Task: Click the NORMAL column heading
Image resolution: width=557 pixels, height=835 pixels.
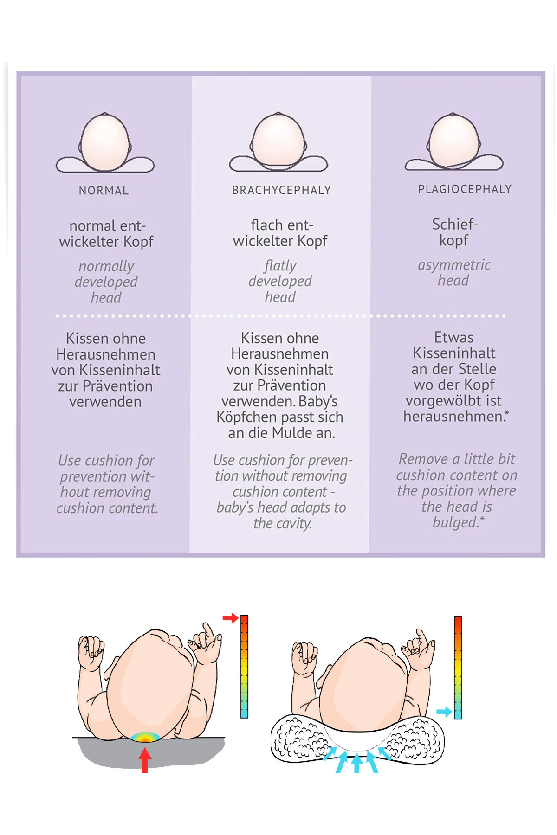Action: [104, 191]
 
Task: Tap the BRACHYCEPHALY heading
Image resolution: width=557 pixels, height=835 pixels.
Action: [281, 190]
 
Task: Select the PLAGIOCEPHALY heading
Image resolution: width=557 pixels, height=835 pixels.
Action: [465, 189]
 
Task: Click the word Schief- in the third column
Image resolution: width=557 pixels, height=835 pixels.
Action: [455, 225]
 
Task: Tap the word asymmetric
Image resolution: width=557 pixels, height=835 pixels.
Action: [454, 265]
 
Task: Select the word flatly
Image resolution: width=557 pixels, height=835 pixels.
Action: [280, 266]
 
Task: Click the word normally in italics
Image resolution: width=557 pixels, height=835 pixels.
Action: [106, 266]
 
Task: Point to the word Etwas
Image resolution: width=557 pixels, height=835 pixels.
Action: [453, 337]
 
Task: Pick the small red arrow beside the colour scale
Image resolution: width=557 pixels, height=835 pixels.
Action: [230, 618]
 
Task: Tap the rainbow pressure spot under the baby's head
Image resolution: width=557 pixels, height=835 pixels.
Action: [145, 737]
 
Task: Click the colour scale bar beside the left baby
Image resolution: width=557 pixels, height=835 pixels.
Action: [244, 666]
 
